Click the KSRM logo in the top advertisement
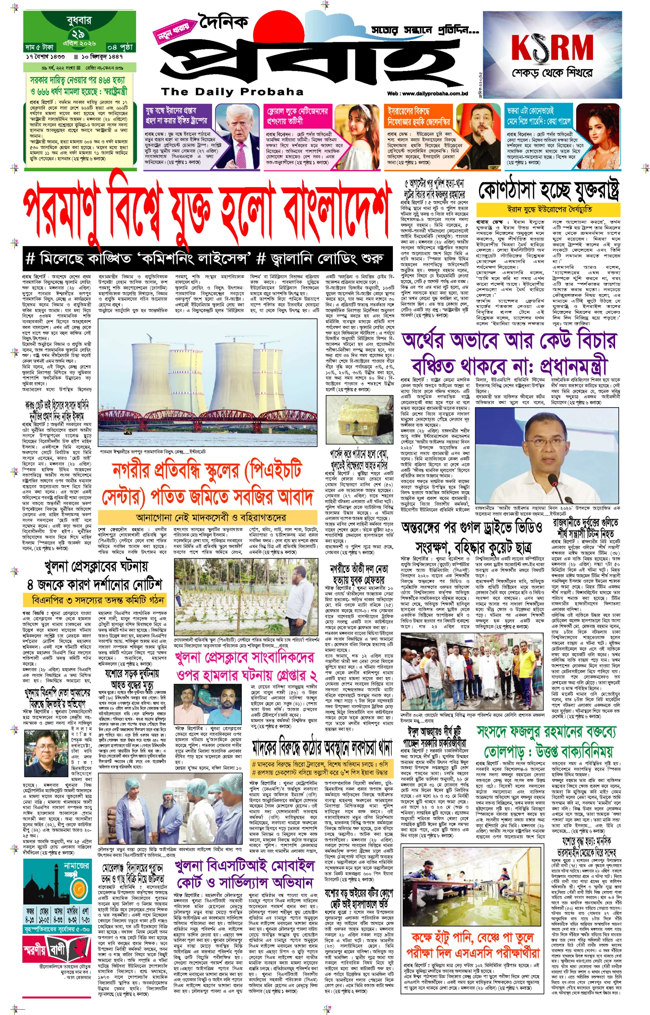pos(552,47)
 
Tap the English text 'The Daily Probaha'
pos(232,91)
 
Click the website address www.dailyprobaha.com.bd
pos(427,93)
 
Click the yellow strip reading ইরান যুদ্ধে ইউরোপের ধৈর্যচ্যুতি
pos(548,209)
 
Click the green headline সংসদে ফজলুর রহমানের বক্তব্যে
pos(546,732)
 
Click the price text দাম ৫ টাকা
pos(39,47)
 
